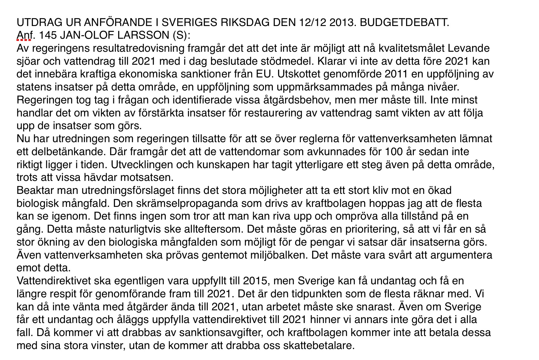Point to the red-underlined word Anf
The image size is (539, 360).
25,35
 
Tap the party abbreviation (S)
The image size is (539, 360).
181,35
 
